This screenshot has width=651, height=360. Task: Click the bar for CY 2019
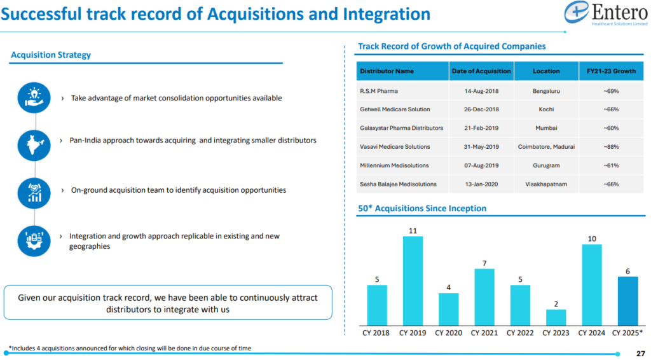[413, 280]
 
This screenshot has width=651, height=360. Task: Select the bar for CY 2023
[556, 317]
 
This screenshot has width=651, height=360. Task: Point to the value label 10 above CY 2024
[591, 239]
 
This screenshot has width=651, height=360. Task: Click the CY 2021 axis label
[484, 333]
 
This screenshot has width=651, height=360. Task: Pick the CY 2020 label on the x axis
[448, 333]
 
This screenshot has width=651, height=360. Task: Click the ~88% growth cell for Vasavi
[610, 147]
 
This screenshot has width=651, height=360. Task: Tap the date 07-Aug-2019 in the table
[481, 165]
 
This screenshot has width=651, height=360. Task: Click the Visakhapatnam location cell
[546, 184]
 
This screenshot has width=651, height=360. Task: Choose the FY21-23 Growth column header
[610, 71]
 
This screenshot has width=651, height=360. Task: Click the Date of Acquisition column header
[481, 71]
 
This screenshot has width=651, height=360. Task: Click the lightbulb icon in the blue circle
[34, 98]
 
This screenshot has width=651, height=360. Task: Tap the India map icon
[34, 144]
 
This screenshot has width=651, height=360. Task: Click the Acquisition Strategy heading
[51, 55]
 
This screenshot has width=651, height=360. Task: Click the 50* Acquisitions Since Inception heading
[422, 209]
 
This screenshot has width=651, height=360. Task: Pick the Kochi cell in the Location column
[546, 109]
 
